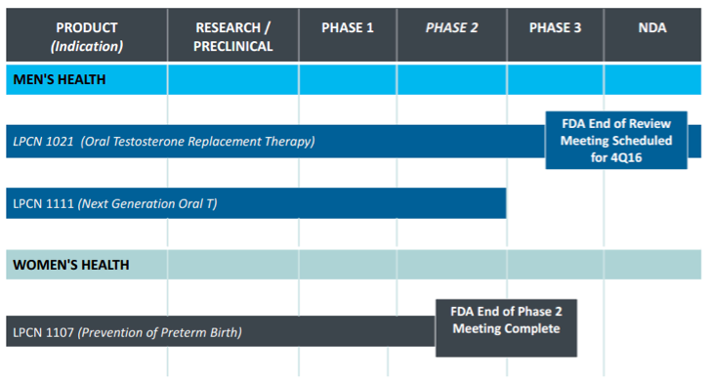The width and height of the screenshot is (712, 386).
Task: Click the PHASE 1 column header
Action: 348,27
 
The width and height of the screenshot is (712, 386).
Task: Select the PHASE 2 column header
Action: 451,27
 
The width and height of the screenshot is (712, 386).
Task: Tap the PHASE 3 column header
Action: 555,27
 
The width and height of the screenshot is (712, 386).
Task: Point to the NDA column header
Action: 651,27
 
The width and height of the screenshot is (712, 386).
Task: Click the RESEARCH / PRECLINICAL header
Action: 233,37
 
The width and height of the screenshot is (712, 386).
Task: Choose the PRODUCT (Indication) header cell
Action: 86,37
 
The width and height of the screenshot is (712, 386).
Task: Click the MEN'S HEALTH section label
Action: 60,79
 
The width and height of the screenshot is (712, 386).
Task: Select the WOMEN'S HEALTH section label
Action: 71,265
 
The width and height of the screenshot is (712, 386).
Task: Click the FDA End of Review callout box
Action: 615,140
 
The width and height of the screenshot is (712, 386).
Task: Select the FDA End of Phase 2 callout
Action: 506,327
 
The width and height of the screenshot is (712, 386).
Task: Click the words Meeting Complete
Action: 506,328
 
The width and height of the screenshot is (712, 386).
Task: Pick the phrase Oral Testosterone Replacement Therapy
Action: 198,142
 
